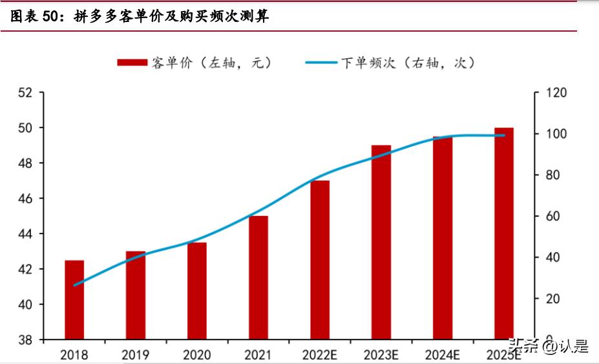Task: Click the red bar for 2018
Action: (x=74, y=300)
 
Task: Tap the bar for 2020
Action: (x=197, y=291)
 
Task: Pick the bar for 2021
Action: (x=258, y=278)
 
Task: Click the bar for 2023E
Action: (x=381, y=242)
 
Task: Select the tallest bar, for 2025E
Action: (x=504, y=233)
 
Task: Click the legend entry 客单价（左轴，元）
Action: (x=194, y=63)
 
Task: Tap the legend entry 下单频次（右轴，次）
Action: (x=391, y=63)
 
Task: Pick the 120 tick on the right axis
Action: (x=555, y=93)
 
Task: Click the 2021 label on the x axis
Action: (x=258, y=355)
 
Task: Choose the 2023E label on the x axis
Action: (x=381, y=355)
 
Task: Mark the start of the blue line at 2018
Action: (x=75, y=285)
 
